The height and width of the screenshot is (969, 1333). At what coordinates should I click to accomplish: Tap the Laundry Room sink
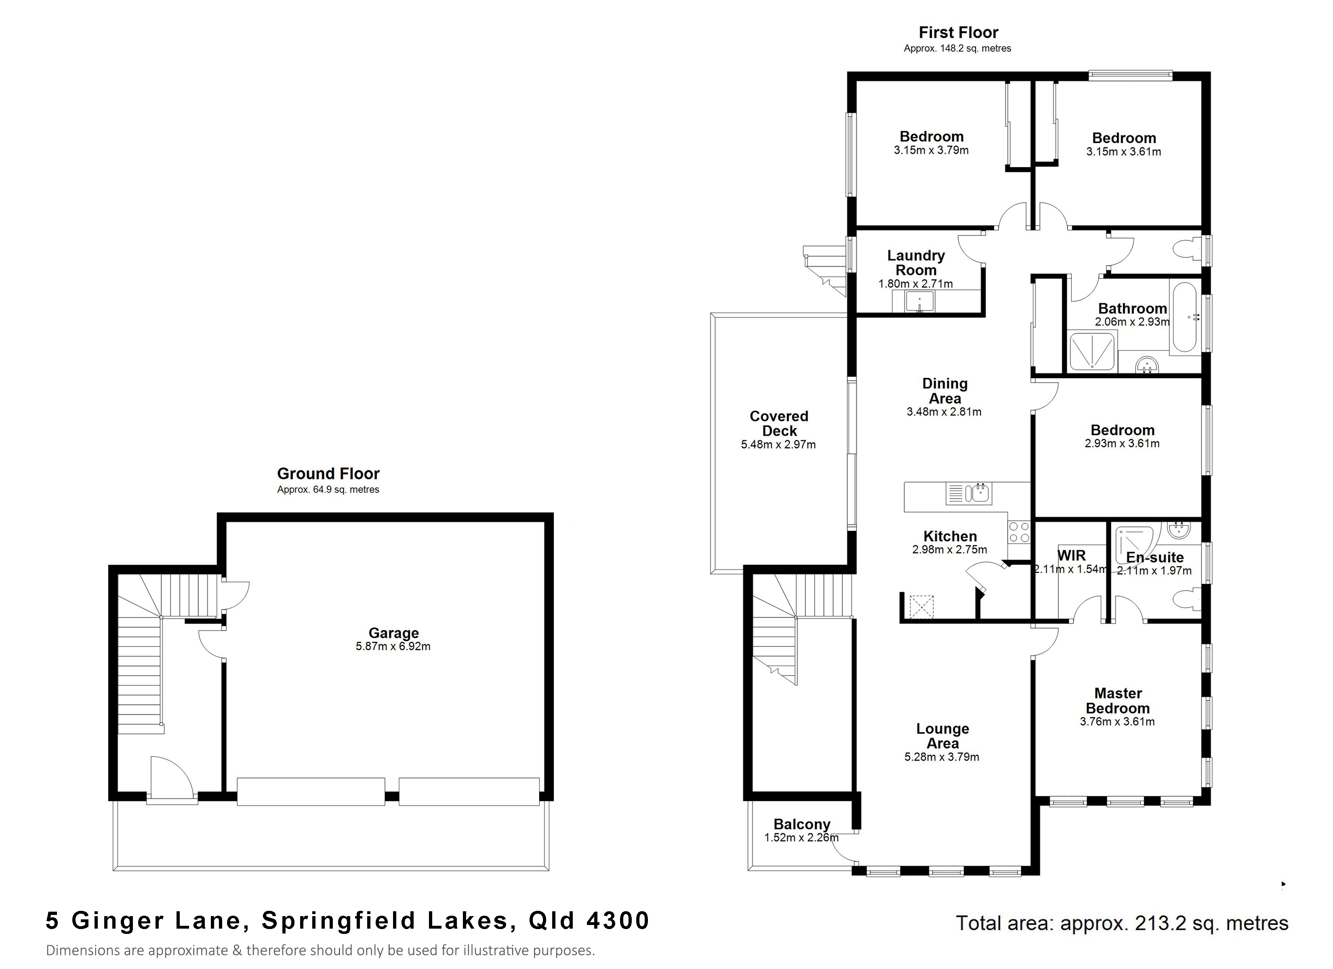(919, 302)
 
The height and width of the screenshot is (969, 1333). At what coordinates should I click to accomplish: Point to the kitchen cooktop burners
(1019, 533)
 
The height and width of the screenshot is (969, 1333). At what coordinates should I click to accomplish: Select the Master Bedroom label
(1117, 701)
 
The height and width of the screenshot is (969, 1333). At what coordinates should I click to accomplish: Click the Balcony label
(802, 824)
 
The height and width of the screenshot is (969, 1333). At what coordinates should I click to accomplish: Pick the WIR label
(1072, 555)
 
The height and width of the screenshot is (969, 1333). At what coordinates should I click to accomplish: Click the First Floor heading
(959, 32)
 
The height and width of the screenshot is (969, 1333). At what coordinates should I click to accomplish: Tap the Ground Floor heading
(328, 474)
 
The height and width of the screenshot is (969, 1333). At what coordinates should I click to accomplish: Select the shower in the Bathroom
(1091, 351)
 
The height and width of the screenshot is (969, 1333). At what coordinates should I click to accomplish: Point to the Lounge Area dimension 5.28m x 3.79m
(942, 757)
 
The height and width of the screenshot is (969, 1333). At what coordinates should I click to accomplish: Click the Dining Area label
(944, 391)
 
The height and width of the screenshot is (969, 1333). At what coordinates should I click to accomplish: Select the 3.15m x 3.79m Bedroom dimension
(931, 151)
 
